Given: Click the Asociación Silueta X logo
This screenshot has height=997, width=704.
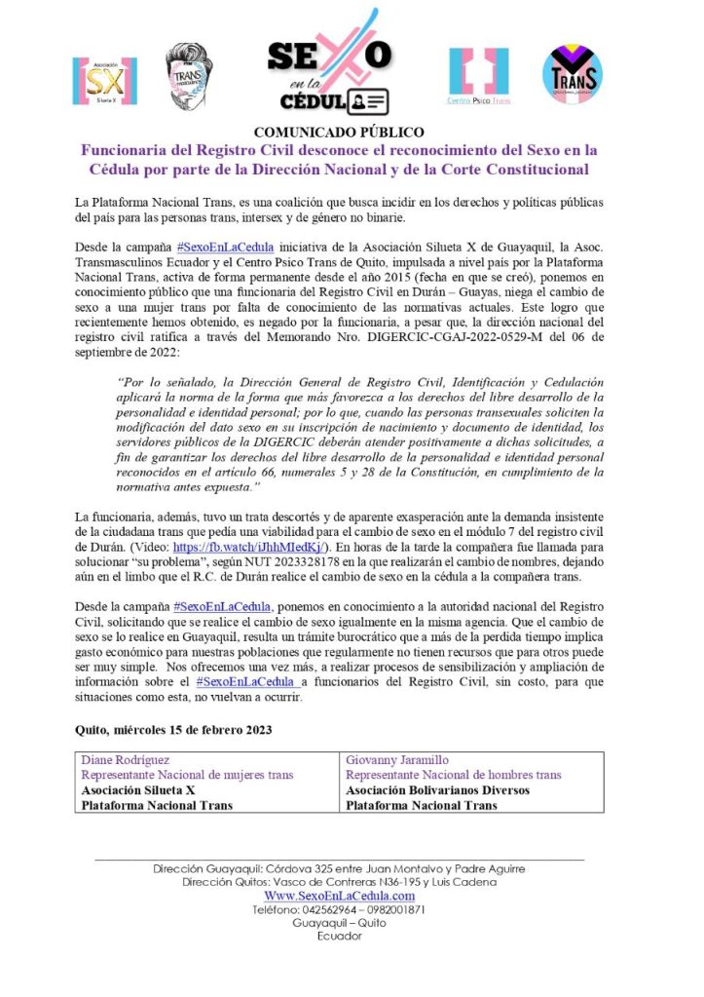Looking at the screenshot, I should [105, 80].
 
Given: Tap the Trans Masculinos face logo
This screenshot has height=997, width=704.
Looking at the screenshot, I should [189, 75].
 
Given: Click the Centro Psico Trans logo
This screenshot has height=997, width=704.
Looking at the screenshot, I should [479, 76].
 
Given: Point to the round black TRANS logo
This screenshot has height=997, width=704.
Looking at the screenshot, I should [572, 74].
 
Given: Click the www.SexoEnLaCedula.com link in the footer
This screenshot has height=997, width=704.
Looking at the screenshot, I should [339, 896].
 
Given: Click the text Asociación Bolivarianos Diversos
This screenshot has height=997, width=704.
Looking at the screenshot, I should [437, 790].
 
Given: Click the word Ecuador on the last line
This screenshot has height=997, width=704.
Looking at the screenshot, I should [339, 937].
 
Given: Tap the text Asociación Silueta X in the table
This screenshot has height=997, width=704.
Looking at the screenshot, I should [138, 790].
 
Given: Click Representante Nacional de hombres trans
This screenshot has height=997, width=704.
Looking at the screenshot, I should [453, 776].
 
